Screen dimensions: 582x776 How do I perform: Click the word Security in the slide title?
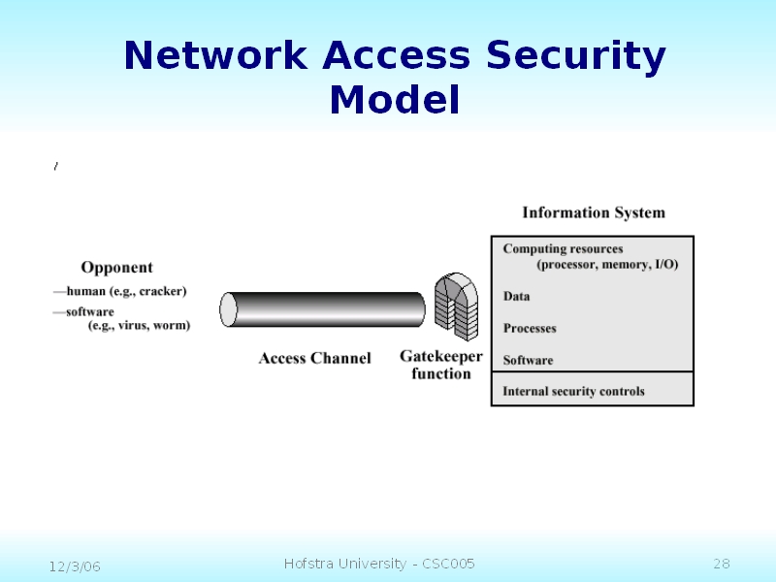click(x=576, y=57)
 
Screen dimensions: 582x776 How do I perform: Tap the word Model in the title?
click(x=394, y=100)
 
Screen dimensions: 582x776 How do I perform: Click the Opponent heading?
click(x=116, y=268)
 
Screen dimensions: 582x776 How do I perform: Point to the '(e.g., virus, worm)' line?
click(x=139, y=326)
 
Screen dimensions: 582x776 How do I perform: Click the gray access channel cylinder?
click(x=323, y=309)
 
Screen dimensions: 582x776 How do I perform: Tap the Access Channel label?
click(x=314, y=359)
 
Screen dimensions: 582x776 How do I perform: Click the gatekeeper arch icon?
click(x=456, y=306)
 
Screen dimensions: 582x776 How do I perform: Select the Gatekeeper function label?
click(x=441, y=366)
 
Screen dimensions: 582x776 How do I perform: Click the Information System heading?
click(x=594, y=213)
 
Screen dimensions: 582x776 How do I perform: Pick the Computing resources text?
click(x=563, y=249)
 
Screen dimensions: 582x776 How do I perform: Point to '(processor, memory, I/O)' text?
click(x=607, y=265)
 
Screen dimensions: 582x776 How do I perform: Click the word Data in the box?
click(x=517, y=297)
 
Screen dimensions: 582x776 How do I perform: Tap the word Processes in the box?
click(x=530, y=329)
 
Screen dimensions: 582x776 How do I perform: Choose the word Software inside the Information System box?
click(x=529, y=361)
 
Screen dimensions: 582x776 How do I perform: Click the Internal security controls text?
click(x=573, y=392)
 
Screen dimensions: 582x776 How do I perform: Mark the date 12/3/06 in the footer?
click(x=76, y=566)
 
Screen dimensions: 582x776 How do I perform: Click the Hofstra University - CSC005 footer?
click(x=379, y=564)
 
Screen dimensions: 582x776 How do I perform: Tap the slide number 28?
click(x=721, y=564)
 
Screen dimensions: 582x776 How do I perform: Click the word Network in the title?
click(x=215, y=57)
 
